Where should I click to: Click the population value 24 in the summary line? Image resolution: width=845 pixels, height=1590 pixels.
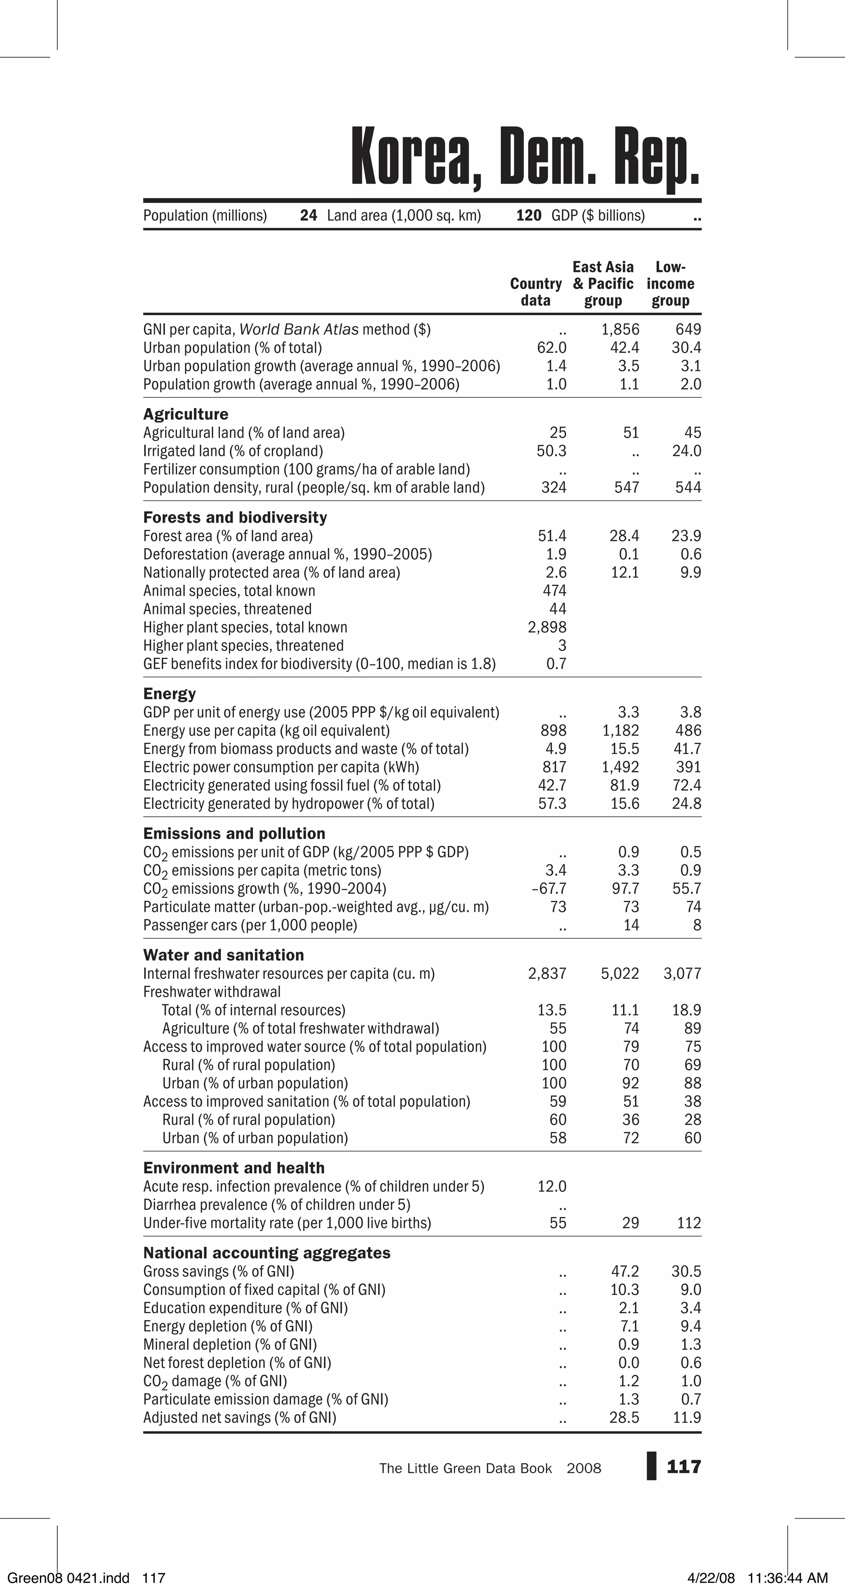(x=309, y=215)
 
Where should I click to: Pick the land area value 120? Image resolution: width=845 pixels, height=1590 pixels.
(x=529, y=215)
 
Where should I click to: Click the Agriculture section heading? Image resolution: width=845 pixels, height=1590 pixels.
(x=185, y=414)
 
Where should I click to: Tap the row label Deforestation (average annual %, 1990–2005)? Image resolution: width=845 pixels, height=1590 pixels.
(x=287, y=554)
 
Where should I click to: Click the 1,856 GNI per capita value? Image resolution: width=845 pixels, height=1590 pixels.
(x=620, y=330)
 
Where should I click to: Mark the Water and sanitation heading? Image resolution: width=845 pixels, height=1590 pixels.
(x=224, y=955)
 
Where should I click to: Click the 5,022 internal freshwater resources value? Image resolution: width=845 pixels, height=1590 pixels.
(x=620, y=973)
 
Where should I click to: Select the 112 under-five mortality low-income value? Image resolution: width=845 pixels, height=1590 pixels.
(x=689, y=1223)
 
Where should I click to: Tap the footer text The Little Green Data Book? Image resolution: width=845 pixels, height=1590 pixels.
(x=465, y=1468)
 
